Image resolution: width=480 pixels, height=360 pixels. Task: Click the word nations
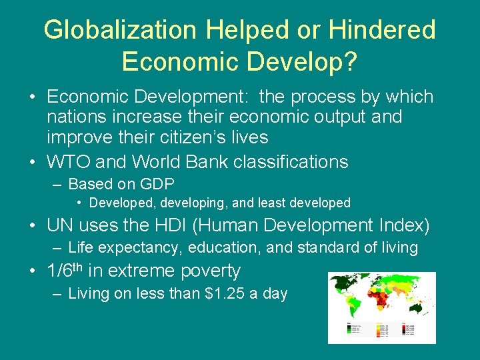pos(75,117)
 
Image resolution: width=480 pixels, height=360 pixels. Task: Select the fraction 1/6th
pos(65,270)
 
